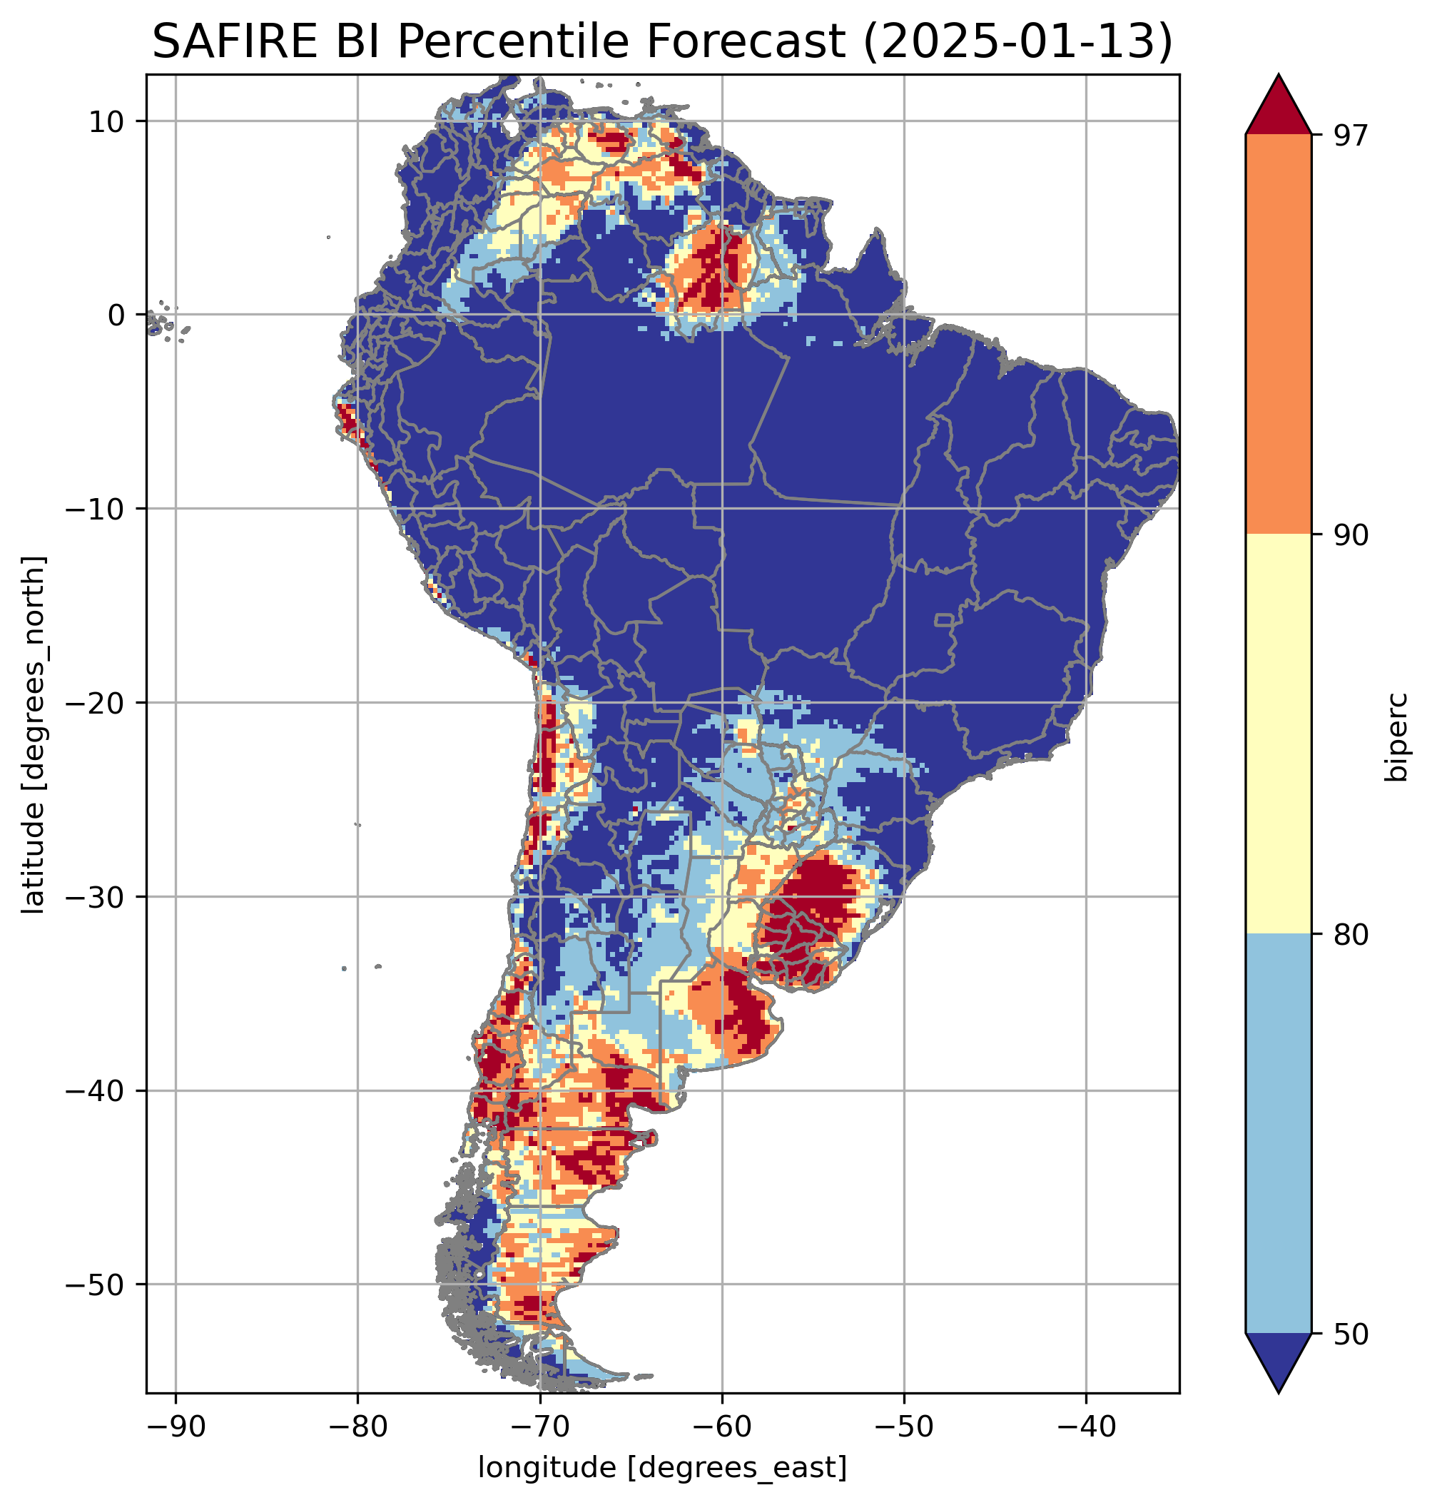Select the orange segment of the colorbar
pyautogui.click(x=1278, y=335)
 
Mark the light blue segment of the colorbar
pyautogui.click(x=1278, y=1135)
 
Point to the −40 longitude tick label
pyautogui.click(x=1085, y=1427)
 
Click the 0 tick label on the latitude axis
pyautogui.click(x=117, y=315)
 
